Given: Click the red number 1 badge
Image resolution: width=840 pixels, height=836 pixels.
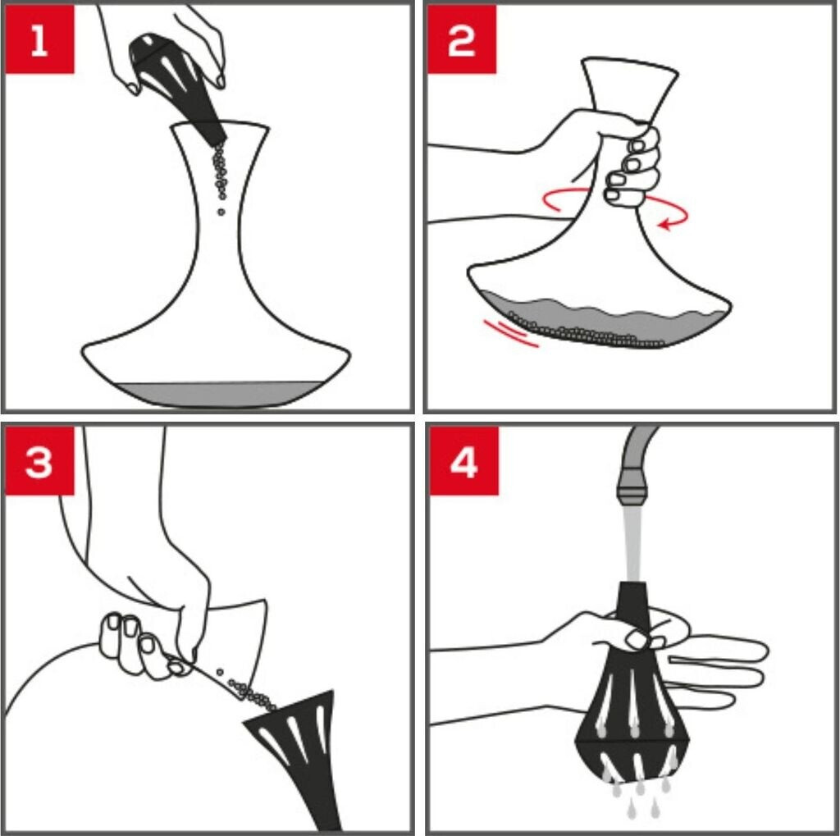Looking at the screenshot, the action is [39, 39].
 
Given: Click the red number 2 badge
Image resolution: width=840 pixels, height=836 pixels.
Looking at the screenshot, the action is [461, 39].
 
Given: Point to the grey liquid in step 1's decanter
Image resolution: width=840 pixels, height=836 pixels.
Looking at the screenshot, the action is [214, 394].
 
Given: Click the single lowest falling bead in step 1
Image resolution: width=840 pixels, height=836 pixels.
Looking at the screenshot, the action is [221, 212].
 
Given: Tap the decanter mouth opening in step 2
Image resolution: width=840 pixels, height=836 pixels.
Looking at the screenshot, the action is [630, 64].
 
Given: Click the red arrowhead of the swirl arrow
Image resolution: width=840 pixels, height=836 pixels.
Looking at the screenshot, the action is [664, 224].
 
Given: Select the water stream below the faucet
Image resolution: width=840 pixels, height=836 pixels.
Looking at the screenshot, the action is [632, 544].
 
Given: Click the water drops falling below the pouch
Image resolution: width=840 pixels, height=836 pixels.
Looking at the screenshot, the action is [641, 797].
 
